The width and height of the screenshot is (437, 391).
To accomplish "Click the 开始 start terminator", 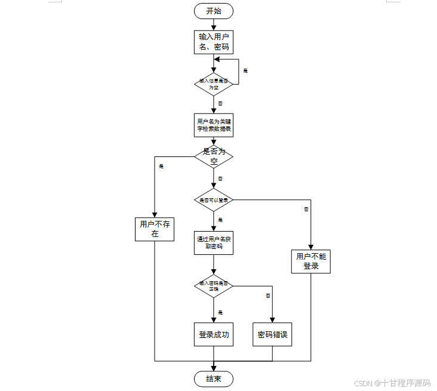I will (214, 11).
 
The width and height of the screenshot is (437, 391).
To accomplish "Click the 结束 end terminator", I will (214, 378).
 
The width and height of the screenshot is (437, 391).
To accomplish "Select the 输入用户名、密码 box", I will (214, 42).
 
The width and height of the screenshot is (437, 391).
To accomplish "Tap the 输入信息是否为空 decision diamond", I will (214, 84).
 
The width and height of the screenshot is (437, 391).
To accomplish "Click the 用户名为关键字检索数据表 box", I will (214, 125).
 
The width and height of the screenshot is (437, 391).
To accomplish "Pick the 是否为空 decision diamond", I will (214, 156).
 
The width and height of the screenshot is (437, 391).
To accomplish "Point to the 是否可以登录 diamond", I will (214, 200).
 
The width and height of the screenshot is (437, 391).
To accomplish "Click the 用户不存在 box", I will (155, 229).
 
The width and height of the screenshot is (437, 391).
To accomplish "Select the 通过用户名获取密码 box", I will (214, 242).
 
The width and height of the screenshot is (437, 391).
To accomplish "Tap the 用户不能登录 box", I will (311, 261).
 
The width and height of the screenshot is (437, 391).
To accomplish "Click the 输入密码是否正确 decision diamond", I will (214, 286).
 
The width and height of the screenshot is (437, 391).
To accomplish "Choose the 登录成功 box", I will (214, 335).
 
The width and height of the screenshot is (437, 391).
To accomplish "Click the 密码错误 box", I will (273, 335).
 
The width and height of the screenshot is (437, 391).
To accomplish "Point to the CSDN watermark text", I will (392, 383).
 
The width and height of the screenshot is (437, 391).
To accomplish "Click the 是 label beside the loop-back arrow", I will (245, 70).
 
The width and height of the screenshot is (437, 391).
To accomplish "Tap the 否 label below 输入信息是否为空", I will (220, 103).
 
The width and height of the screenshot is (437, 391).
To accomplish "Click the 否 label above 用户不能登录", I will (306, 209).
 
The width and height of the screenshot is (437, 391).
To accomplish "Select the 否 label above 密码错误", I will (268, 295).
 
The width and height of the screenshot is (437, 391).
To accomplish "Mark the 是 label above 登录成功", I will (220, 312).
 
